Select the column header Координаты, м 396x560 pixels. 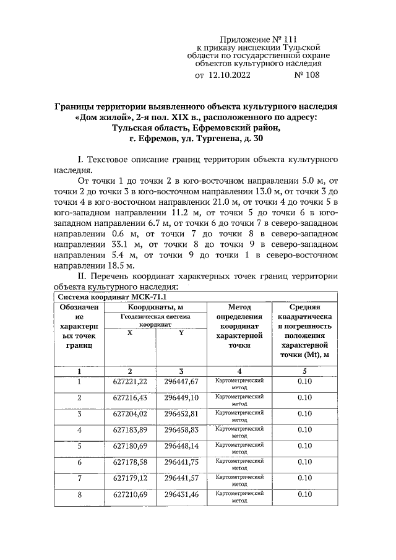point(155,307)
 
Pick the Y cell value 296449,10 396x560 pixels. point(181,397)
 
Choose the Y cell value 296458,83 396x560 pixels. point(181,429)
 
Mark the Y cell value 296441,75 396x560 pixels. point(181,462)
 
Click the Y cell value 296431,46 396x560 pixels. point(181,494)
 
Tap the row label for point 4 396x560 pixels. point(79,429)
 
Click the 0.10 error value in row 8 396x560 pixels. point(304,494)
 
